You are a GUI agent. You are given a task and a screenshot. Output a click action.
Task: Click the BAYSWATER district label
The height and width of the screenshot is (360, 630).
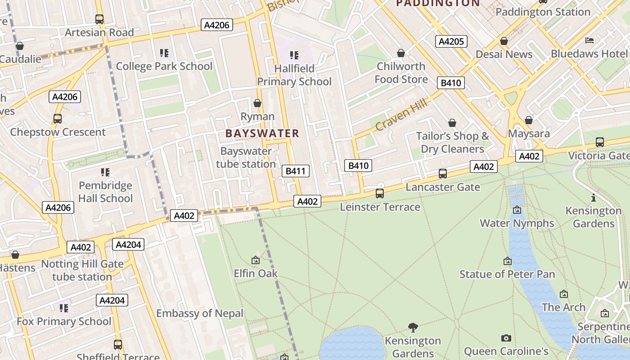[x=262, y=133]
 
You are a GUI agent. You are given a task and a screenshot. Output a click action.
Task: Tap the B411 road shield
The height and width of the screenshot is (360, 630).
[x=295, y=171]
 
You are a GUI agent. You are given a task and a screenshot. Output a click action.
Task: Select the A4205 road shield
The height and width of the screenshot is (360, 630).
[x=451, y=42]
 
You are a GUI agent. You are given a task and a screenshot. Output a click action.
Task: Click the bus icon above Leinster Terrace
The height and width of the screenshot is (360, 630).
[x=380, y=193]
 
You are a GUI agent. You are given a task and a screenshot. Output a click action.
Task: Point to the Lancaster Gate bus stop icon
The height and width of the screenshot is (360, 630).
[x=443, y=174]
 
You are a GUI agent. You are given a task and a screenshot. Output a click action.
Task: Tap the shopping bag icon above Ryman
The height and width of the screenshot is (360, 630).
[x=257, y=103]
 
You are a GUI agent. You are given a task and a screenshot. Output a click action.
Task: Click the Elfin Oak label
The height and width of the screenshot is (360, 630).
[x=256, y=274]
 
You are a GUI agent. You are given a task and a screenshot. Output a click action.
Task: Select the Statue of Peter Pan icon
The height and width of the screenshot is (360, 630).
[x=508, y=261]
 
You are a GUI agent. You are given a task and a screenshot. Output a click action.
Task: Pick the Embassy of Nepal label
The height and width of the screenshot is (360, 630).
[x=200, y=313]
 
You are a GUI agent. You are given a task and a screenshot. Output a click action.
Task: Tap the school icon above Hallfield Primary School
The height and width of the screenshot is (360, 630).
[x=294, y=55]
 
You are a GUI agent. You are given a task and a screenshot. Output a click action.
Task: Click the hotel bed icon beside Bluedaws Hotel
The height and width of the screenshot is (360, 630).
[x=589, y=40]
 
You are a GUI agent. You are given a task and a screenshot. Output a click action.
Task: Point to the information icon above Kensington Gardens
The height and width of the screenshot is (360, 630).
[x=594, y=198]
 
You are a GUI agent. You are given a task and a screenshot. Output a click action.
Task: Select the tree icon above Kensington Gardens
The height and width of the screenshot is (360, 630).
[x=413, y=327]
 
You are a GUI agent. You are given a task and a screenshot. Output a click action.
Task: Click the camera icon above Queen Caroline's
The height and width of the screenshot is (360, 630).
[x=506, y=338]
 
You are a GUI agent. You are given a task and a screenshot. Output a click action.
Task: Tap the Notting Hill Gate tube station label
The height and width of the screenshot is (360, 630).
[x=82, y=270]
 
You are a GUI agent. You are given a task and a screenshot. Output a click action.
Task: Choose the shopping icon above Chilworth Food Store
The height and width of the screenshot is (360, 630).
[x=401, y=54]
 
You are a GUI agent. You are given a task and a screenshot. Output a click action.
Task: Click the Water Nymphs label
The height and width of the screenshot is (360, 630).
[x=517, y=223]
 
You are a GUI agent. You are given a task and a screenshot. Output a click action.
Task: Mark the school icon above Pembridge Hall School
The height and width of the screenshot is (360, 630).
[x=105, y=172]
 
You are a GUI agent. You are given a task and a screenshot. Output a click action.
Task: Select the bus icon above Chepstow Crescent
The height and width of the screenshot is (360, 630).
[x=58, y=119]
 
